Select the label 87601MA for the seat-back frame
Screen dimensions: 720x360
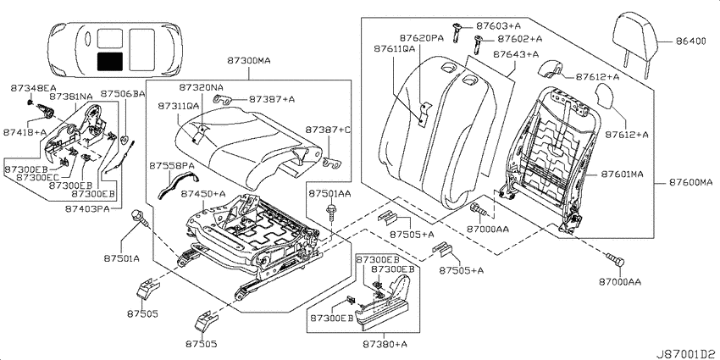pos(623,174)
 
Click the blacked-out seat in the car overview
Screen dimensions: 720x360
pos(110,62)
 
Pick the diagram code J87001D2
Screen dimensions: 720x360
pos(687,354)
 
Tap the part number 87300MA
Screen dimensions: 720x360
pos(248,60)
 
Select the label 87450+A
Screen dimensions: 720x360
pos(203,194)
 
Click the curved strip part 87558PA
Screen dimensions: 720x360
pos(177,185)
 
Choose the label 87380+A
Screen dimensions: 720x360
pos(385,343)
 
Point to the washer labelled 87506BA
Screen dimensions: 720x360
pos(124,139)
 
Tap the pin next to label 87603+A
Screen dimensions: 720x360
pos(457,32)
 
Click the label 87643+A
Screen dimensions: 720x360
pos(516,54)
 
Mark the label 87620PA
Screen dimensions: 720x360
pos(422,38)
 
